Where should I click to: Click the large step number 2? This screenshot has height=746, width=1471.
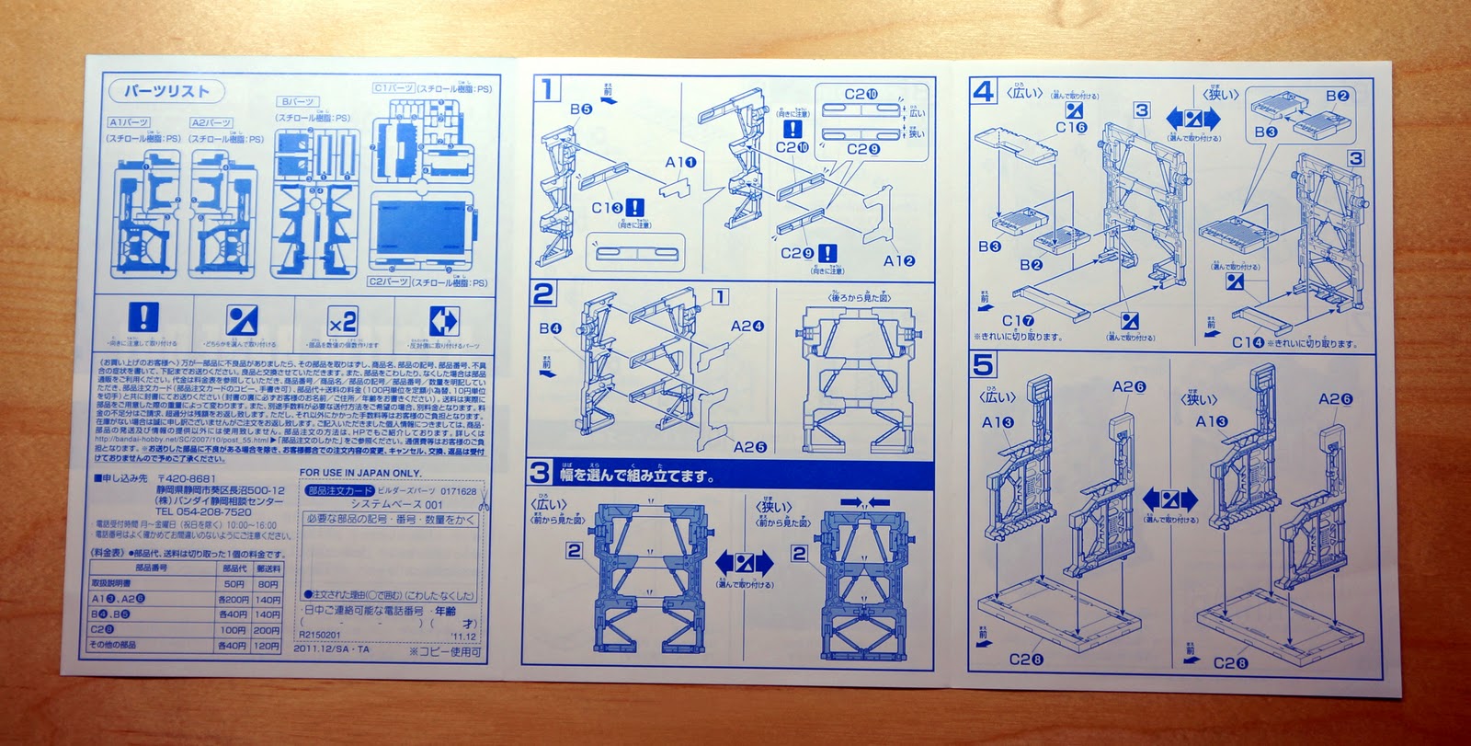tap(543, 293)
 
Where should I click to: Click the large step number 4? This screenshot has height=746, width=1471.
tap(983, 91)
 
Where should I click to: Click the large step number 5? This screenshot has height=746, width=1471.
tap(983, 364)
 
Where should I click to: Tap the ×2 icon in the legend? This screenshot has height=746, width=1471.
tap(341, 322)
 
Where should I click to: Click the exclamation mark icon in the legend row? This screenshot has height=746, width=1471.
tap(142, 318)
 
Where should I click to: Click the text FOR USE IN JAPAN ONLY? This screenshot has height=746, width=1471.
tap(360, 473)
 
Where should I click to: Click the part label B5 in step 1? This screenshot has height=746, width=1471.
tap(580, 109)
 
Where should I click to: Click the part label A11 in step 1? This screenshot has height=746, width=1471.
tap(681, 163)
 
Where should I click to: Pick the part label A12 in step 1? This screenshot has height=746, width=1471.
tap(899, 260)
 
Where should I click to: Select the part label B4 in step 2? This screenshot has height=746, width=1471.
tap(551, 328)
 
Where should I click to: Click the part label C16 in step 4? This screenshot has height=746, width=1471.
tap(1071, 128)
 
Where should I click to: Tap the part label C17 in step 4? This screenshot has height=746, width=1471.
tap(1018, 320)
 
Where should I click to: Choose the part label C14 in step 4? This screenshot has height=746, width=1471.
tap(1248, 342)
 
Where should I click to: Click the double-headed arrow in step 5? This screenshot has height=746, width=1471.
tap(1169, 501)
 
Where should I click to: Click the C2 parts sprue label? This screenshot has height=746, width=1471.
tap(387, 281)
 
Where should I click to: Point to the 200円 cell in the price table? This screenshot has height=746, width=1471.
tap(267, 630)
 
